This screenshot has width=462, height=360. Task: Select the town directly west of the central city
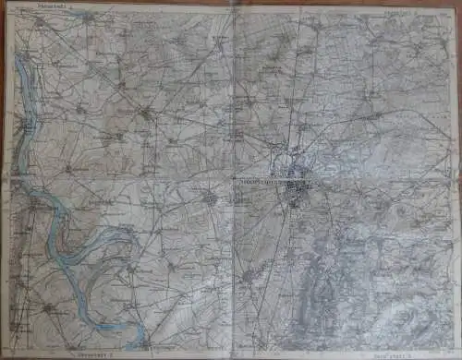coord(212,198)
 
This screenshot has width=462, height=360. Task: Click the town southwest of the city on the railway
coord(248,274)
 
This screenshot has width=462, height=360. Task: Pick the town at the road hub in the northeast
coord(370,116)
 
